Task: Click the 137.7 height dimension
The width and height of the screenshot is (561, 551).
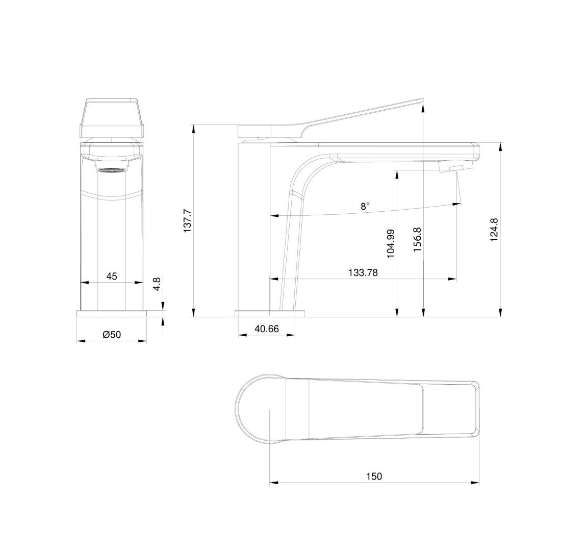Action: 187,221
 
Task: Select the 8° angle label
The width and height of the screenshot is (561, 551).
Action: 365,206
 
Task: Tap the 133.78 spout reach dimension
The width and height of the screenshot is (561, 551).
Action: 363,272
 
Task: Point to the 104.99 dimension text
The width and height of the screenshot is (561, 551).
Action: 391,243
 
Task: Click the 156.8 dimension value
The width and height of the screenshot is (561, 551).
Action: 417,239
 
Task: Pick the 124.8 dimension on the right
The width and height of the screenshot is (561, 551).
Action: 494,230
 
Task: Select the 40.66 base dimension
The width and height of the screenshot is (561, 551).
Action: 266,329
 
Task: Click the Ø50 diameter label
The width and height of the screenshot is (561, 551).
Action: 111,335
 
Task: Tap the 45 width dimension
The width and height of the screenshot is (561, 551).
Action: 111,276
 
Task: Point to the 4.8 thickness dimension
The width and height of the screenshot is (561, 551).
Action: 157,284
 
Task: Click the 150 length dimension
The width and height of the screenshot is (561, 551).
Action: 373,477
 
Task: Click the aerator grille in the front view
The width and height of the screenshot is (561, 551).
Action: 111,170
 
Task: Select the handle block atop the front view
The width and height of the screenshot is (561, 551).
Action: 111,118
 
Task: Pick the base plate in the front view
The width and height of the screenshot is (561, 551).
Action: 111,313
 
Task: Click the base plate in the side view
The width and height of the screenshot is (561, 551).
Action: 269,313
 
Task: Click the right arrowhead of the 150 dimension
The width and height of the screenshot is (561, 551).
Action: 477,483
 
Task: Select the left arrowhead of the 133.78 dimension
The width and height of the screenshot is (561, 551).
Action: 272,279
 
